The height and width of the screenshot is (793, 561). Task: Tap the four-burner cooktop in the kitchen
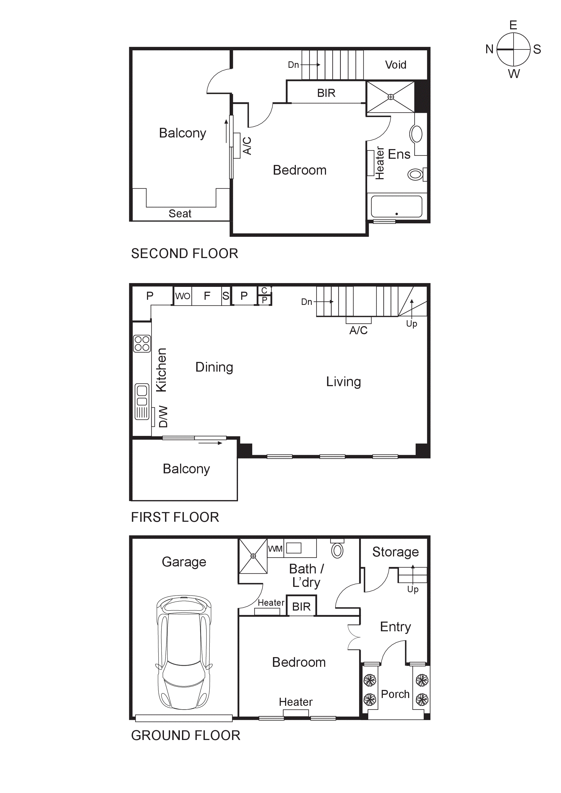[x=142, y=344]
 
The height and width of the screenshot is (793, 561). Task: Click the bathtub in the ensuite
[x=397, y=207]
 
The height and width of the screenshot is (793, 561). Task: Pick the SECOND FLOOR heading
[x=184, y=253]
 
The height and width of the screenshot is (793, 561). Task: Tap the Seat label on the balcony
[x=180, y=213]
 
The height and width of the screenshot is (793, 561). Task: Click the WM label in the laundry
[x=275, y=549]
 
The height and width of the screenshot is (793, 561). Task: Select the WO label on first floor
[x=183, y=296]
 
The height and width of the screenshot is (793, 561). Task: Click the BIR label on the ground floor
[x=301, y=607]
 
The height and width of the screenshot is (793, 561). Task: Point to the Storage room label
[x=395, y=552]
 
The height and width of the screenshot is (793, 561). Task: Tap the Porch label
[x=395, y=694]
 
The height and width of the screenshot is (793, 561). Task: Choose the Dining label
[x=214, y=367]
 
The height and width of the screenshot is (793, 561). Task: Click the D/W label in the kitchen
[x=163, y=417]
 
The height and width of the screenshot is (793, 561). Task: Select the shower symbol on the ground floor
[x=253, y=556]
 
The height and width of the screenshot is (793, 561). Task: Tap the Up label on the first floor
[x=411, y=324]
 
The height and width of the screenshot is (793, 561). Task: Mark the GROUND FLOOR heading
[x=185, y=735]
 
